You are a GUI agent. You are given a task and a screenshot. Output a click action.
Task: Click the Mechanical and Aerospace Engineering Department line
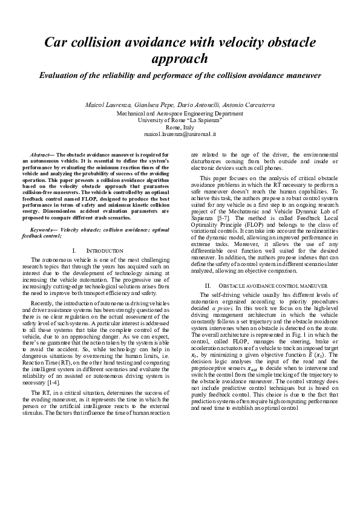[180, 113]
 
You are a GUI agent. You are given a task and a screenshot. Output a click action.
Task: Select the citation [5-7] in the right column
[221, 216]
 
